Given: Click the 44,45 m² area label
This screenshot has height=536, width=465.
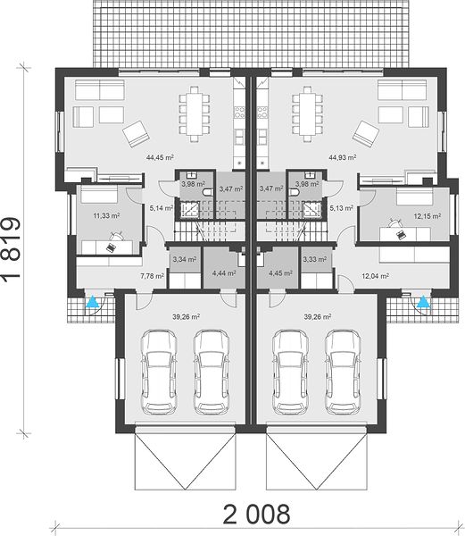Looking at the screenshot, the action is coord(160,157).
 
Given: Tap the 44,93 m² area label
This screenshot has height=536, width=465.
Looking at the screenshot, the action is coord(343,157).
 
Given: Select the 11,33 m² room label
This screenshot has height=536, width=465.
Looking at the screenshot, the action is coord(106,215).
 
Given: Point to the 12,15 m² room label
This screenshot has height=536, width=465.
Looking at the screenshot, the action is coord(428,216).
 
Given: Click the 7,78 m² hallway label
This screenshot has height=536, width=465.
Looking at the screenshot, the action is coord(153,275).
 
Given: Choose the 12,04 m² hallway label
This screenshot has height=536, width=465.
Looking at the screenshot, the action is coord(375,276).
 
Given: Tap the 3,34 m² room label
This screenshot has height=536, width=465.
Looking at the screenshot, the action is coord(185,259).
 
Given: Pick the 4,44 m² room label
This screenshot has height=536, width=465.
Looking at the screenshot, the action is coord(224,273).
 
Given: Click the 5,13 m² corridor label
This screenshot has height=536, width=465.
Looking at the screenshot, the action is coord(342,208).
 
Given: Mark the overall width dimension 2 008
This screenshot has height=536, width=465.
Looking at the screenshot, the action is coord(256,514).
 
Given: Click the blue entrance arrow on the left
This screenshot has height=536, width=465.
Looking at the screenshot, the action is coord(92,302).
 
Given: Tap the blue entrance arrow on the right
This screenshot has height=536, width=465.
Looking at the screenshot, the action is coord(423,302).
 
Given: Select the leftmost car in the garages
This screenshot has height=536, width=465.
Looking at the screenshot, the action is coord(160,372).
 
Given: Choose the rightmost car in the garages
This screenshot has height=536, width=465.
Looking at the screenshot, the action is coord(343,372).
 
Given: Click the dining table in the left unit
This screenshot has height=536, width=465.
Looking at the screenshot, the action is coord(195,114).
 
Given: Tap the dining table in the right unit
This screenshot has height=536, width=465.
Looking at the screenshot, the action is coord(308,114).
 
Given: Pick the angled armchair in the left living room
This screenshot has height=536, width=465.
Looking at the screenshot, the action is coord(136,134).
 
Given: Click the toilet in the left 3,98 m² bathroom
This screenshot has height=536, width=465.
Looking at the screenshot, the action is coord(208,192).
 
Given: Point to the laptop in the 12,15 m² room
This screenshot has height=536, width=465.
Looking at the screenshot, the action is coord(401,234).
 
